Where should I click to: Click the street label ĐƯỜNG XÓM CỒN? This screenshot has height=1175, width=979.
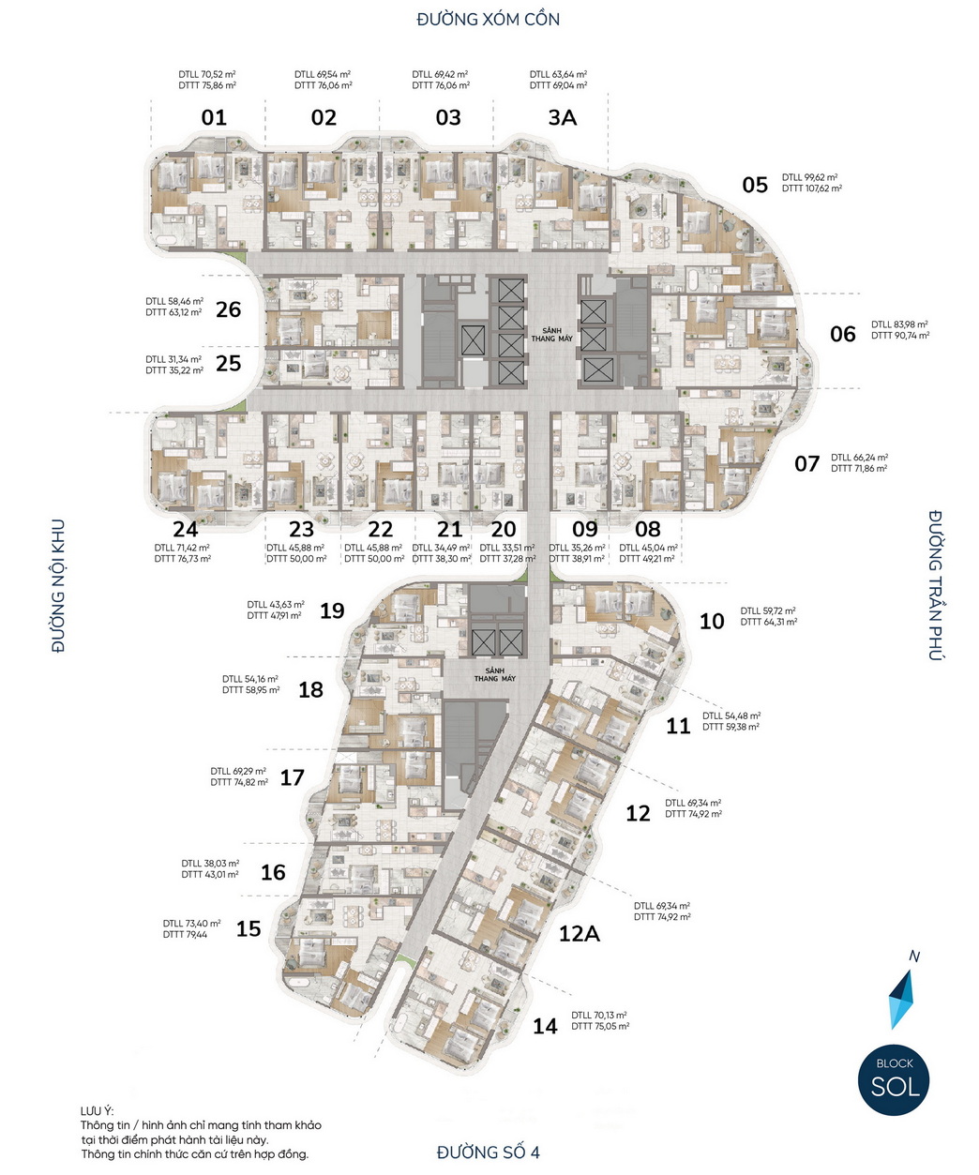pyautogui.click(x=488, y=19)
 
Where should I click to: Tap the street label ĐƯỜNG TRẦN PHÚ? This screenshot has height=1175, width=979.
pyautogui.click(x=935, y=584)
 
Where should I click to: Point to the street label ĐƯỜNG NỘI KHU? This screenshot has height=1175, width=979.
pyautogui.click(x=58, y=585)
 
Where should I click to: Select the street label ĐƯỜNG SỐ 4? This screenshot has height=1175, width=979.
pyautogui.click(x=488, y=1152)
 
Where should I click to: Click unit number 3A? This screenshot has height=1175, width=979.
pyautogui.click(x=562, y=117)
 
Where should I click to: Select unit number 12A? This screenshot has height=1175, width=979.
pyautogui.click(x=579, y=933)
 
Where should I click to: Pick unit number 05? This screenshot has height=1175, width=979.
pyautogui.click(x=755, y=185)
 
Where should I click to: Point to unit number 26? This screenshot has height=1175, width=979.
pyautogui.click(x=229, y=309)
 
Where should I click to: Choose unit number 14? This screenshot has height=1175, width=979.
pyautogui.click(x=545, y=1026)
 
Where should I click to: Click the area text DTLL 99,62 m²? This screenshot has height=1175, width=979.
pyautogui.click(x=809, y=177)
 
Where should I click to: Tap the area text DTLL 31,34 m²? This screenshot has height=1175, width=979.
pyautogui.click(x=173, y=359)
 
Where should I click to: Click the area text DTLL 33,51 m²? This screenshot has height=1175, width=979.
pyautogui.click(x=507, y=548)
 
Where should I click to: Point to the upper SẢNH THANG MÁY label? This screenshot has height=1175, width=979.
pyautogui.click(x=552, y=334)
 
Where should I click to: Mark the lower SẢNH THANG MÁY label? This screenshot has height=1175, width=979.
pyautogui.click(x=494, y=675)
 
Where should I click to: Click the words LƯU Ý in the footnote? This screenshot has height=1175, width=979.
pyautogui.click(x=97, y=1111)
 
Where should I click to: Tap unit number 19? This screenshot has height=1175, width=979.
pyautogui.click(x=332, y=610)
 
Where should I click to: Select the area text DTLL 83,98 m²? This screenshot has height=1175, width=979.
pyautogui.click(x=899, y=324)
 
